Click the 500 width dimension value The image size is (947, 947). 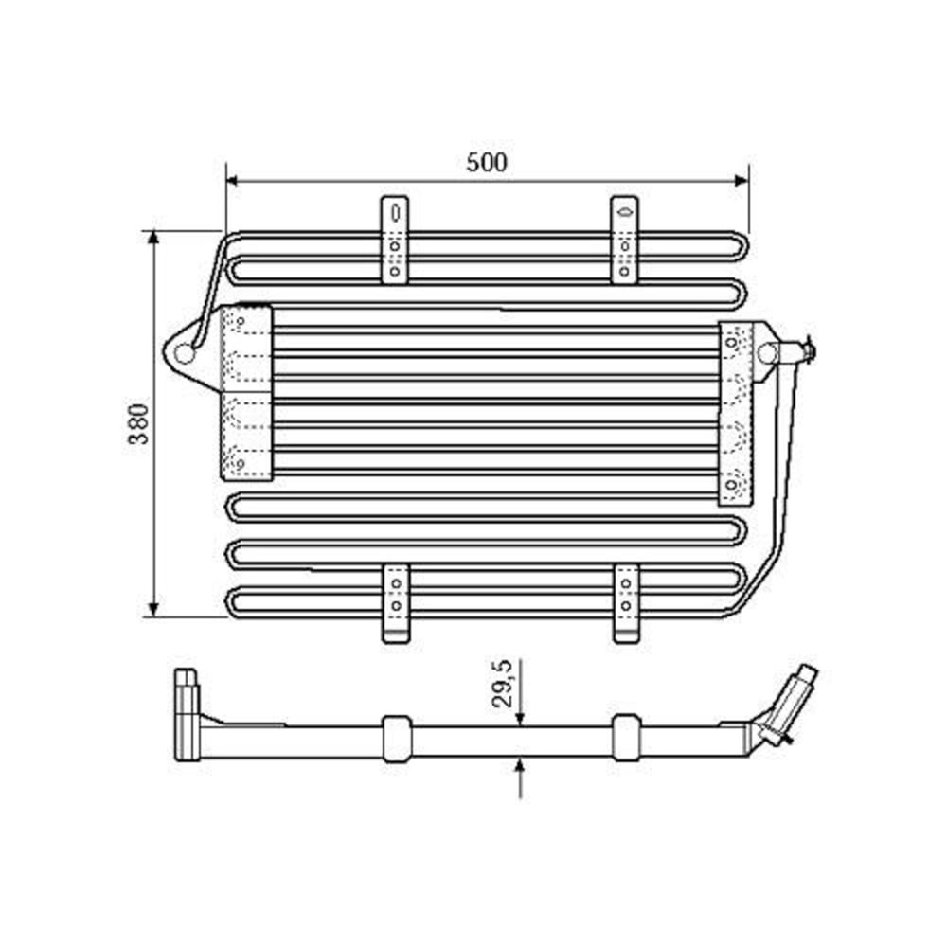point(487,162)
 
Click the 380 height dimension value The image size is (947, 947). point(138,423)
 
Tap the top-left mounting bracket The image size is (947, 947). point(395,240)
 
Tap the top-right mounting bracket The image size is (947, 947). point(624,240)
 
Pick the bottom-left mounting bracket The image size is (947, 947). point(396,603)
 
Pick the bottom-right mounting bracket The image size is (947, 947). point(626,603)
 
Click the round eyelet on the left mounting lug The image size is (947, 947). point(185,353)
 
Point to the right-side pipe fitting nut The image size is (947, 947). point(806,351)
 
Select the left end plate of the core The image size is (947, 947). point(246,391)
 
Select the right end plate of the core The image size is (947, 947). point(735,413)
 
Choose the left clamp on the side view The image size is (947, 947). point(396,738)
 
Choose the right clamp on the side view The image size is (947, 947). point(625,738)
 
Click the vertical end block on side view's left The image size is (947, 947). point(186,715)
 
